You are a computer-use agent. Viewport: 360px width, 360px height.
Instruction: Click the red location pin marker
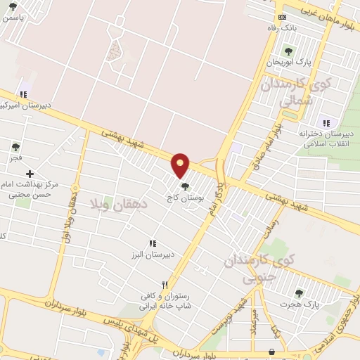181,165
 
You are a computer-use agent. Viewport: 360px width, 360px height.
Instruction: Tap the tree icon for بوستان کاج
185,186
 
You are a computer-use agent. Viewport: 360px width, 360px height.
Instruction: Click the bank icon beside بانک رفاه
283,16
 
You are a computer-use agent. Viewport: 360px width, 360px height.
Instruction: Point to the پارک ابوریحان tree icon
288,50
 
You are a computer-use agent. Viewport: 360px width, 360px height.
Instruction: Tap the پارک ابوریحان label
288,63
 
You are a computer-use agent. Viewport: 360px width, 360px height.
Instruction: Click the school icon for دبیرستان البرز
153,243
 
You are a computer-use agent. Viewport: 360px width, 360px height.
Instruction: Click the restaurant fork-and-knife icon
165,285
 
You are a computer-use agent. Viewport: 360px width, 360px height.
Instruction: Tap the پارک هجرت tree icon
299,293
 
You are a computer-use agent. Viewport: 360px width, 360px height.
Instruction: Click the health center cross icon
30,174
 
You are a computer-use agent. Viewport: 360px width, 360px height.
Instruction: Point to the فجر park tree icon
15,147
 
